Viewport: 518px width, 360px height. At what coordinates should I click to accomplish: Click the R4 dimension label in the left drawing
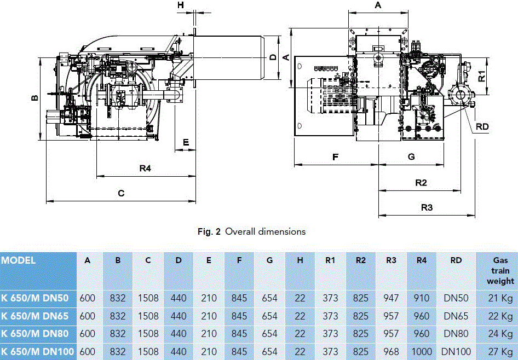145,169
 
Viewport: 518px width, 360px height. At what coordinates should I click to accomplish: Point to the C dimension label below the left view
122,193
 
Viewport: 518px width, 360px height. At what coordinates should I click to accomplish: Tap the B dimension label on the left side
34,98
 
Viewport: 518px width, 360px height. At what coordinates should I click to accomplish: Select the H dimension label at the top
182,5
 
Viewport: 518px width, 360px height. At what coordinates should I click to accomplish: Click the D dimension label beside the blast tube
273,56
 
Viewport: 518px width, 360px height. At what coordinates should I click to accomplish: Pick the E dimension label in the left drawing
186,142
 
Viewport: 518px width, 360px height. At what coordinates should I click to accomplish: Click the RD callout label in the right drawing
482,126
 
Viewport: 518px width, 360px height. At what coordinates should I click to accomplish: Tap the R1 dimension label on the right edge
481,76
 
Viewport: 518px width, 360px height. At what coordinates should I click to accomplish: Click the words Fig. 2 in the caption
209,231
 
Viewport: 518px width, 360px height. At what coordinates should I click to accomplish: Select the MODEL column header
18,260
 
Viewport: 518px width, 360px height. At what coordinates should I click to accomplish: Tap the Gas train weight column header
500,271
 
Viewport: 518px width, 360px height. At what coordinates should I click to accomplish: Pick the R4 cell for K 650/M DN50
421,298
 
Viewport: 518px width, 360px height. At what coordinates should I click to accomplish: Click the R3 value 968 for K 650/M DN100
391,351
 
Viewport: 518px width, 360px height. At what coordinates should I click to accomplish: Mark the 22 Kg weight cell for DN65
500,316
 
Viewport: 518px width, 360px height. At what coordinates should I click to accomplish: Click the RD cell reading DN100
456,351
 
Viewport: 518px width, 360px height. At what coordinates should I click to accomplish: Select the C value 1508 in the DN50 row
148,298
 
